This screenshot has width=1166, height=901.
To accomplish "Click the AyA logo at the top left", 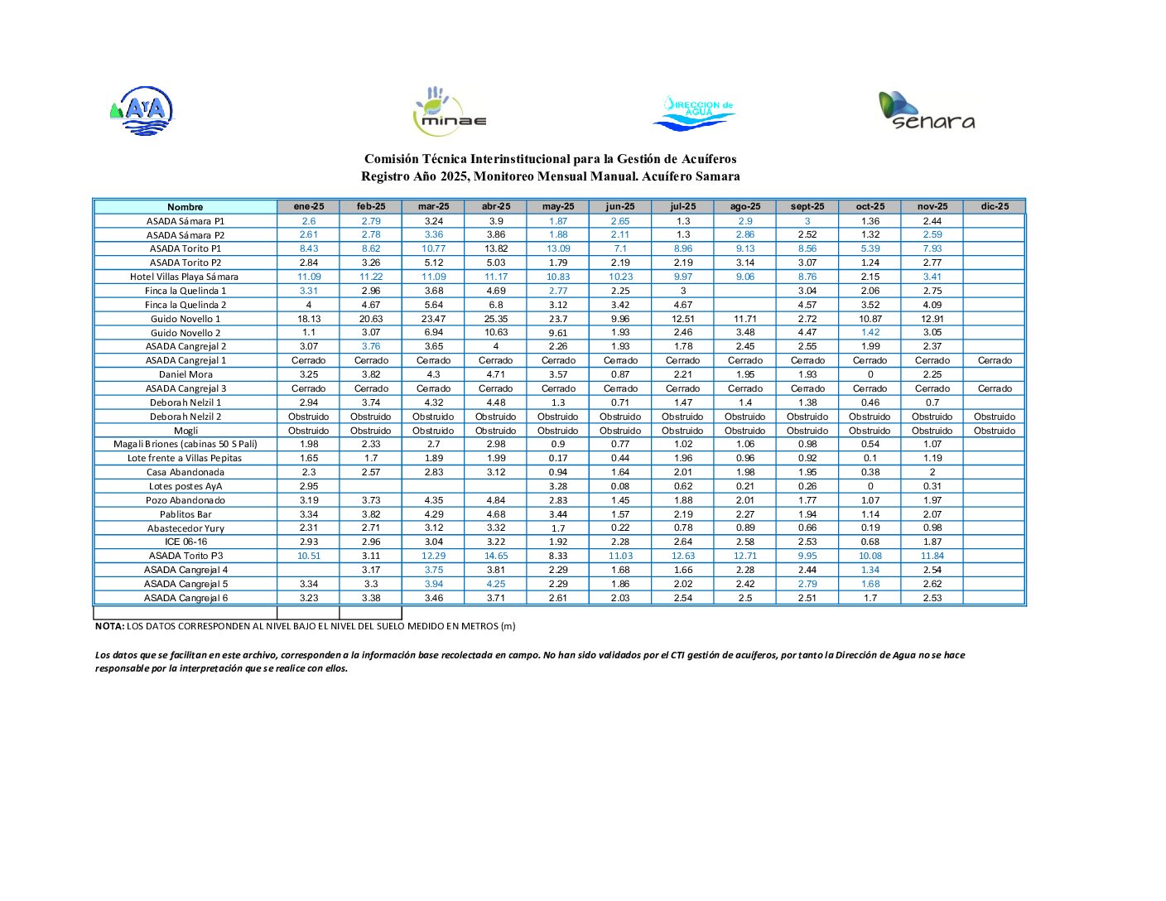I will coord(142,111).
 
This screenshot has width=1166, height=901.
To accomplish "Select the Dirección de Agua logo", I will coord(694,113).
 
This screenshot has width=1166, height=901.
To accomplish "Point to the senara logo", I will coord(926,111).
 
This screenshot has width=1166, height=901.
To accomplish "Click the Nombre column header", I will coord(185,207).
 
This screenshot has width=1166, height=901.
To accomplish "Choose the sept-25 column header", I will coord(807,206).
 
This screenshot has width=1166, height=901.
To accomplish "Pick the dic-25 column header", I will coord(994,206).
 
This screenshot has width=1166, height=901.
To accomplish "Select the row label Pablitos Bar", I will coord(185,514).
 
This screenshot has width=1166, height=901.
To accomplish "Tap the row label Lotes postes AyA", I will coord(185,486).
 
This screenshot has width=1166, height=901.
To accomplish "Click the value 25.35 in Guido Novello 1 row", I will coord(495,319).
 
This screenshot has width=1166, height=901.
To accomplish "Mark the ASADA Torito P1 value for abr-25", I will coord(495,248).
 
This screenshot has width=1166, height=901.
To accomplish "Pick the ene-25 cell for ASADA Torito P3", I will coord(308,556).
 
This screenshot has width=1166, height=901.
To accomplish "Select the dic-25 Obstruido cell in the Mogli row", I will coord(994,431).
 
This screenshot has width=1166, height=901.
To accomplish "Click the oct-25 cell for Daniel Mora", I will coord(870,374).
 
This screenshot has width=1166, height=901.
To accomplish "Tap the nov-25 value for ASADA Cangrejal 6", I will coord(932,598).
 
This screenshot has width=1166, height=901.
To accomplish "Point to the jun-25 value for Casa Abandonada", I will coord(620,472).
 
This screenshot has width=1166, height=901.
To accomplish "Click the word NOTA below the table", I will coord(109,626).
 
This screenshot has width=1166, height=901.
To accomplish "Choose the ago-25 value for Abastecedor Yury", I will coord(744,528).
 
